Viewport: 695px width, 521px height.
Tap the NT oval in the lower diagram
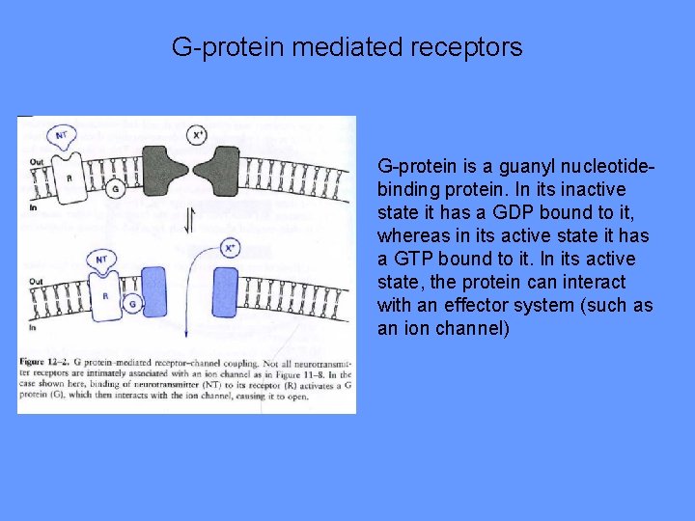point(101,260)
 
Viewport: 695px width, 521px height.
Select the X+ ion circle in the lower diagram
point(231,248)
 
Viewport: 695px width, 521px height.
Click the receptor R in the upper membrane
point(68,178)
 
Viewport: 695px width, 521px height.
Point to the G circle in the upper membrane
point(115,190)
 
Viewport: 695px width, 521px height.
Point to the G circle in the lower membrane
point(131,304)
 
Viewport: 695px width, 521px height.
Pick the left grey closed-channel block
point(165,175)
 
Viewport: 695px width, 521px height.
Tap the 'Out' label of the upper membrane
point(36,161)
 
